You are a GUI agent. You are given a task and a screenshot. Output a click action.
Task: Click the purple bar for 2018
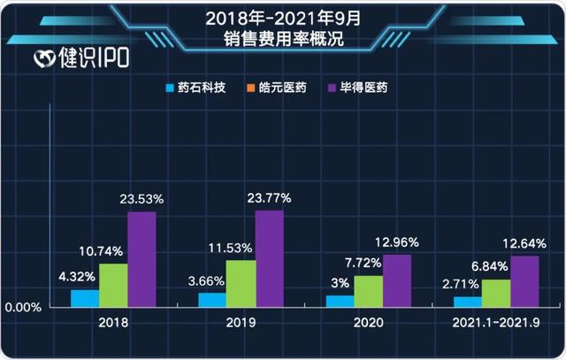tap(141, 259)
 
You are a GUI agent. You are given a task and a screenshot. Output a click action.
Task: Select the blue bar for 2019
tap(212, 300)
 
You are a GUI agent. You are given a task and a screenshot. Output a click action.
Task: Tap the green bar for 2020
tap(368, 291)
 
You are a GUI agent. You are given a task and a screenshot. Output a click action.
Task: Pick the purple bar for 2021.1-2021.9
tap(524, 281)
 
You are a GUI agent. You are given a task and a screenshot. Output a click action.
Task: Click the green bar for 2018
tap(113, 285)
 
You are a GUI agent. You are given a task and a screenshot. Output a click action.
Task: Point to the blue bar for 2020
tap(340, 301)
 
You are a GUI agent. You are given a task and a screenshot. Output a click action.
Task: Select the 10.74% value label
tap(113, 251)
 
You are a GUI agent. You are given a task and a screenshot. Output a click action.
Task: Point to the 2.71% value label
tap(462, 285)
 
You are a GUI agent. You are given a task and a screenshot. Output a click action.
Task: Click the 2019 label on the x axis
tap(241, 324)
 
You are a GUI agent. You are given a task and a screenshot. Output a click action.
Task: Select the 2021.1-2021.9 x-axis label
tap(496, 324)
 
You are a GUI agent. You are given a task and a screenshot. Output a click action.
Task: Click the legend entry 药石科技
tap(195, 88)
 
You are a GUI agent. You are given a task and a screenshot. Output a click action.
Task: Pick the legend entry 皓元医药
tap(277, 88)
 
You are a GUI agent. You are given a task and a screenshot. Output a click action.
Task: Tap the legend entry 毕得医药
tap(357, 88)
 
